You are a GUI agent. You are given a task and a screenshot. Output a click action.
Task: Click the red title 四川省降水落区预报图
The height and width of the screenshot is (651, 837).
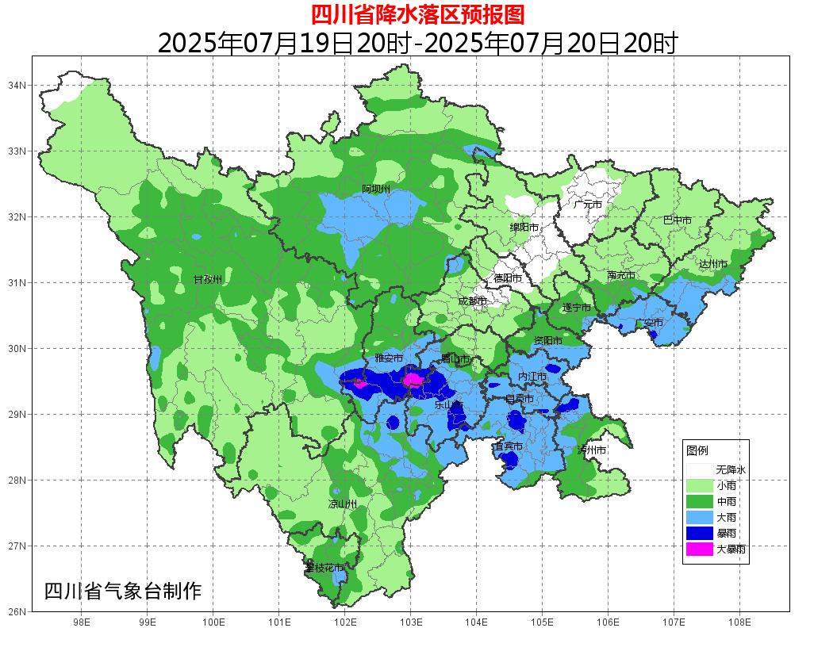click(417, 14)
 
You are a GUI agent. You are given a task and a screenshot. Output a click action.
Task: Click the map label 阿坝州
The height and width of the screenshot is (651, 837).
click(376, 189)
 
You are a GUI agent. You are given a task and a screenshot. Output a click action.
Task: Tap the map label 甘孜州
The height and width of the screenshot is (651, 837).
click(208, 280)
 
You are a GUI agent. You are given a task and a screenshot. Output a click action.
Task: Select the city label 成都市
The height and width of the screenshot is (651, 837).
click(474, 301)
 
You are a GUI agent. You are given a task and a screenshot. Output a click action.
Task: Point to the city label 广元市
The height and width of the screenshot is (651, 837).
click(588, 205)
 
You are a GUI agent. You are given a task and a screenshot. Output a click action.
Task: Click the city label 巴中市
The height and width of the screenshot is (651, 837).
click(677, 220)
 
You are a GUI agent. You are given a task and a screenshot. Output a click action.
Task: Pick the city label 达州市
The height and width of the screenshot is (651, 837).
click(712, 264)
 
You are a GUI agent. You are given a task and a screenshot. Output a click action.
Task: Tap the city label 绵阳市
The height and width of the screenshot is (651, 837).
click(524, 228)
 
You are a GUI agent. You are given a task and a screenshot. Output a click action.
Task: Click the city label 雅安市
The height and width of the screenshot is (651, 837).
click(390, 359)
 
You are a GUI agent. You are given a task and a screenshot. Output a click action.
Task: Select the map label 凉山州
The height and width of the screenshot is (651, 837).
click(343, 504)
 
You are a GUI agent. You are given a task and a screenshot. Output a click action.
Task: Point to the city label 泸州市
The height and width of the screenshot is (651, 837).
click(592, 450)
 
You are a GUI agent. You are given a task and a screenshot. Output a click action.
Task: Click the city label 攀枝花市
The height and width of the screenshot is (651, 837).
click(325, 568)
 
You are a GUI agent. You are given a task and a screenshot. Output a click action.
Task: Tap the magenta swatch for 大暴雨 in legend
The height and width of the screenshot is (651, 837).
click(699, 549)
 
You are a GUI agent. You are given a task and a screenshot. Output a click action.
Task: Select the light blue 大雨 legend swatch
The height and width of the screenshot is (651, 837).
click(699, 517)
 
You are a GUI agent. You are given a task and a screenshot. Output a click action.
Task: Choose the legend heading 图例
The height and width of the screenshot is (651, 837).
click(697, 450)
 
